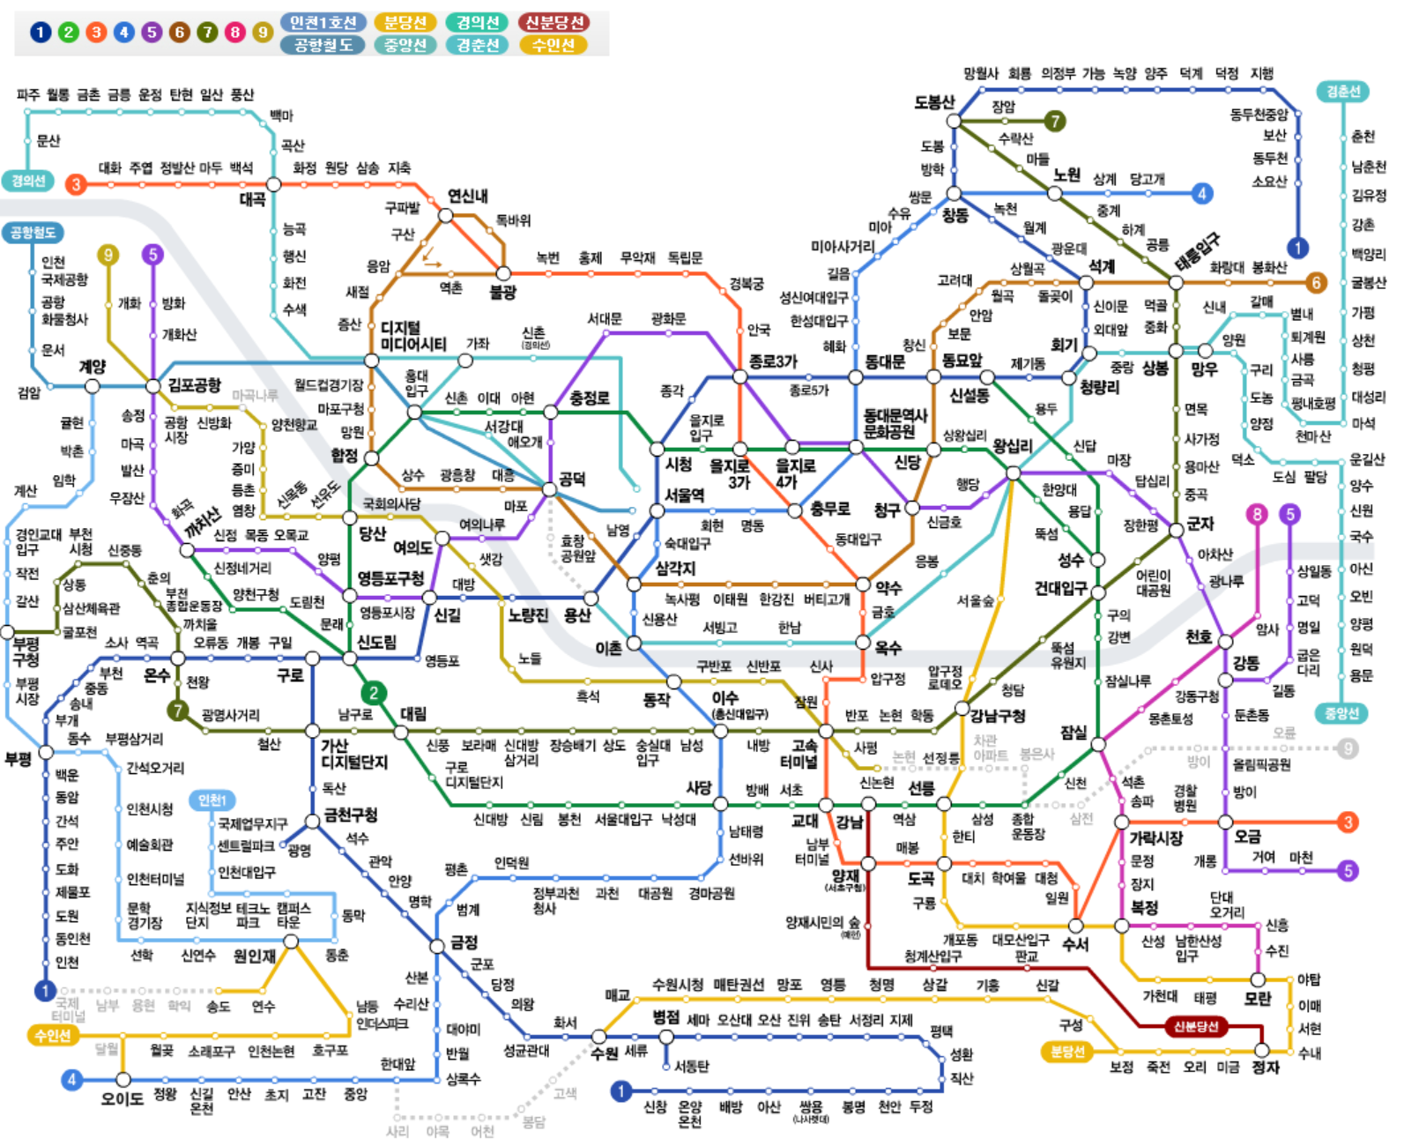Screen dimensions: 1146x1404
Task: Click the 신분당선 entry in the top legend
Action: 553,23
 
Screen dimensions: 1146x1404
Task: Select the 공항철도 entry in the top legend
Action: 323,45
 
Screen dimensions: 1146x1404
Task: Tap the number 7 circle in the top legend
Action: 207,33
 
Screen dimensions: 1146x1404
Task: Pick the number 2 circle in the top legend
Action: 68,33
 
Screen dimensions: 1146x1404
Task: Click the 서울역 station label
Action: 684,495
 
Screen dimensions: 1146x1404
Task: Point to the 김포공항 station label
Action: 195,385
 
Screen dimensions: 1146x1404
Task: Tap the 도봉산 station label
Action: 933,102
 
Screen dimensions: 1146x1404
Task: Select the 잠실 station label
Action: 1073,732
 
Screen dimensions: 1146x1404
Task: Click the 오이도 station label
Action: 122,1099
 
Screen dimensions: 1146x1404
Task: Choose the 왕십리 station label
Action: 1013,446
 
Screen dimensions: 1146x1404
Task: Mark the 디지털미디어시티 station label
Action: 412,336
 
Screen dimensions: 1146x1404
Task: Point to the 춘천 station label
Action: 1363,137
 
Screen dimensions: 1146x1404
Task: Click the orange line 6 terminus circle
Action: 1316,283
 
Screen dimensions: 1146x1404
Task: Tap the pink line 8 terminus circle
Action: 1257,514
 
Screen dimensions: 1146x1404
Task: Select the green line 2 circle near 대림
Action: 374,693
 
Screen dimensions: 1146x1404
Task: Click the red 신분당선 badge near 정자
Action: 1195,1026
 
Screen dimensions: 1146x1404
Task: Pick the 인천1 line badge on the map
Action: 212,800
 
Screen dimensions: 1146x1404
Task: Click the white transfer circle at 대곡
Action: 274,184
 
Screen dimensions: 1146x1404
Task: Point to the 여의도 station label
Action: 412,547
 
